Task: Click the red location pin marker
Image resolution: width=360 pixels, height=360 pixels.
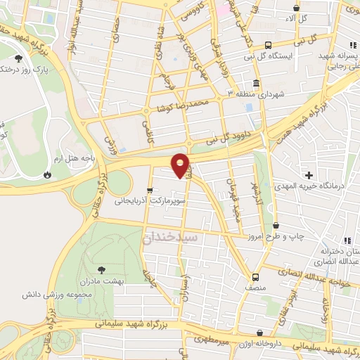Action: point(181,165)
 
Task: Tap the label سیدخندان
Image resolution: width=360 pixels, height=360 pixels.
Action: point(170,238)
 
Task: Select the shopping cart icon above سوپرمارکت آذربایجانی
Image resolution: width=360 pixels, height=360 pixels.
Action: point(150,190)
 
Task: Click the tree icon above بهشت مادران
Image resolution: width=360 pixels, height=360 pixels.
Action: point(102,269)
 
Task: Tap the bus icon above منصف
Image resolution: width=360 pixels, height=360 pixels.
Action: point(255,277)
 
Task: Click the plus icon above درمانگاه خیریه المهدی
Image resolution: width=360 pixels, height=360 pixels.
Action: point(309,174)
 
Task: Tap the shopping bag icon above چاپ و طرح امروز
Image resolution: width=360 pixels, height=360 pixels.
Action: point(275,226)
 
